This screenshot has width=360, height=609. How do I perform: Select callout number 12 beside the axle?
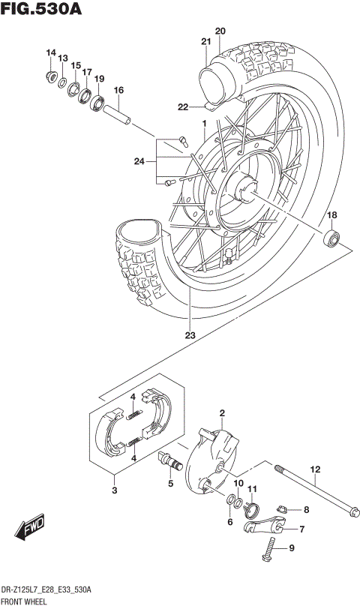click(315, 469)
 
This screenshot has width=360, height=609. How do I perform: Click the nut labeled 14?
click(50, 76)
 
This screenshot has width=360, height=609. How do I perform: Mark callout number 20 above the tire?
click(220, 31)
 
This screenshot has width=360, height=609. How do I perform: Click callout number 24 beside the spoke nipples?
click(139, 160)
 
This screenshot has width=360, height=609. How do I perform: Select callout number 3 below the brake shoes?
click(114, 490)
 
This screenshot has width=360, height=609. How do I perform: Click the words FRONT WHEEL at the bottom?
click(25, 601)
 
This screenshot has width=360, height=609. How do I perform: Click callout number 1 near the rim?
click(202, 123)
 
